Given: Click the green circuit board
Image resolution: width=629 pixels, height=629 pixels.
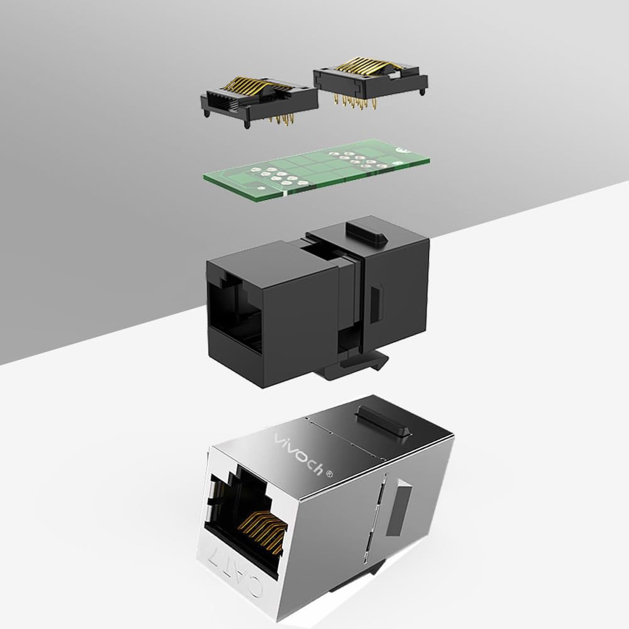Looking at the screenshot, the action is coord(316,170).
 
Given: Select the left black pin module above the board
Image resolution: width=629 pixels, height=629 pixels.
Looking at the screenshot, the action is coord(259,102).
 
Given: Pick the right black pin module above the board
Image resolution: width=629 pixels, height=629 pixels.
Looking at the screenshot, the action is coord(370,83).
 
